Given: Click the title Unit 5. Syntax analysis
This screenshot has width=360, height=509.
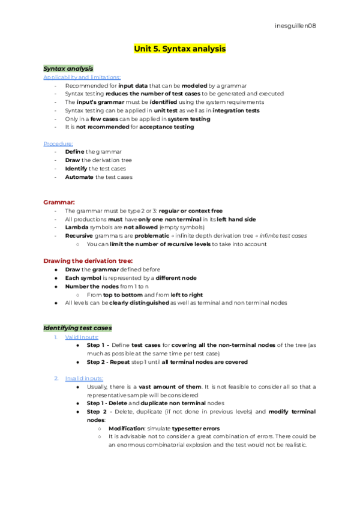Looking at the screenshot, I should coord(179,48).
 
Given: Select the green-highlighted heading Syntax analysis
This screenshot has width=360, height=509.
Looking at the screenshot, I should coord(68,68).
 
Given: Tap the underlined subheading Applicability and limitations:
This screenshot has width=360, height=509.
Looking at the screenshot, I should coord(82,77).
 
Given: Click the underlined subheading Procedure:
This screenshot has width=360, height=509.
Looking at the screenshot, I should coord(58,143).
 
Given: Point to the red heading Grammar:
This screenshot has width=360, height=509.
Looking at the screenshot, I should coord(59,202).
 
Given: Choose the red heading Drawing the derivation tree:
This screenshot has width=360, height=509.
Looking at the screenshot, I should coord(88,261).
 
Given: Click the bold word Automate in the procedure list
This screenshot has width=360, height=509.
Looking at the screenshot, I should coord(79,177).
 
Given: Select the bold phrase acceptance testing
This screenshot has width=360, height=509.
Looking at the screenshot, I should coord(166,127).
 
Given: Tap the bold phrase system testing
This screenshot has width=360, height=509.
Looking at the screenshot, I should coord(187,119).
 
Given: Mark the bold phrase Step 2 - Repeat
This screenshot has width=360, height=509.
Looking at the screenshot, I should coord(109,363).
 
